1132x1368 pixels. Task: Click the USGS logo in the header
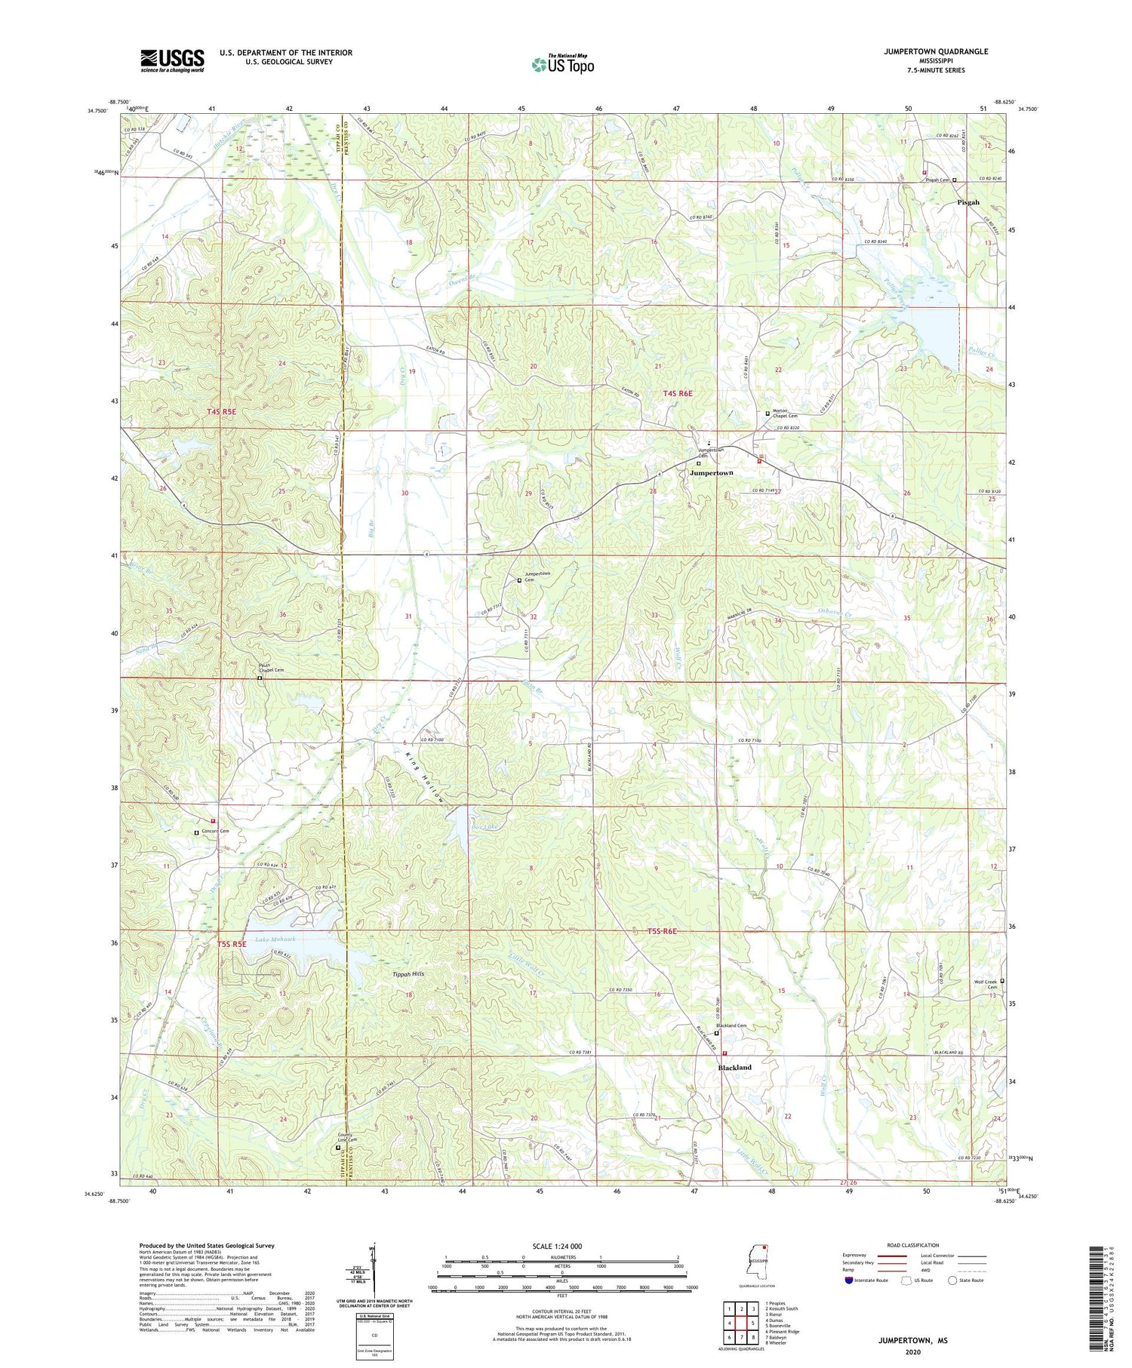pyautogui.click(x=172, y=60)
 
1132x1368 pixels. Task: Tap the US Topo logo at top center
pyautogui.click(x=562, y=64)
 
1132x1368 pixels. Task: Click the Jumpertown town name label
pyautogui.click(x=711, y=472)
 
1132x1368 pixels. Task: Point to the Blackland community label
pyautogui.click(x=734, y=1068)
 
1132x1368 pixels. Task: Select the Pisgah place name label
pyautogui.click(x=968, y=202)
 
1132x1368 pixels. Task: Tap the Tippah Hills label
pyautogui.click(x=408, y=974)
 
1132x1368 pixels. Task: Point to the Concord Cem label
pyautogui.click(x=214, y=832)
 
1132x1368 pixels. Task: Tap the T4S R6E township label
pyautogui.click(x=678, y=393)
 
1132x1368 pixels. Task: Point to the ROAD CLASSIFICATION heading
pyautogui.click(x=913, y=1245)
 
